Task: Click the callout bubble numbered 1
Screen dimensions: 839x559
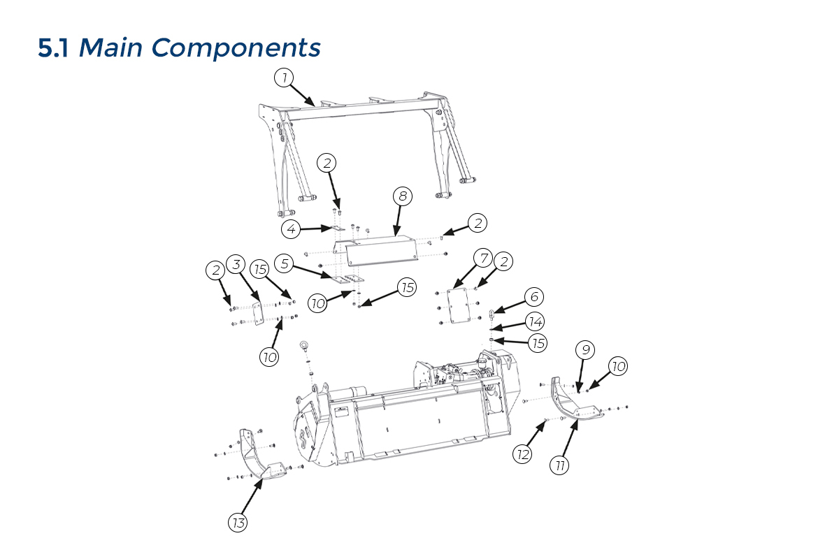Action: click(x=284, y=78)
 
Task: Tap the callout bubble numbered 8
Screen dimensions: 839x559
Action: click(x=403, y=196)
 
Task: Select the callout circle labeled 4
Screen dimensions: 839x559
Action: click(x=291, y=228)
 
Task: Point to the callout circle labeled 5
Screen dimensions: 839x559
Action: click(x=285, y=263)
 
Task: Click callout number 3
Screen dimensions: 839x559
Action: click(x=236, y=264)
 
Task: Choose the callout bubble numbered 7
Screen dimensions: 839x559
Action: click(x=483, y=258)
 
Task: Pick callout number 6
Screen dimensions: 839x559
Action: click(x=534, y=296)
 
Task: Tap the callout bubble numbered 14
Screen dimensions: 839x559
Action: click(x=536, y=321)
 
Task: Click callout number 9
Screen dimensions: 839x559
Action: click(x=585, y=349)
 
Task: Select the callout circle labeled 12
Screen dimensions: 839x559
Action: click(x=522, y=454)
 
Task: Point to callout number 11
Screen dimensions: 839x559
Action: click(x=559, y=465)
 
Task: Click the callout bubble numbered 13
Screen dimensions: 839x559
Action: click(x=238, y=522)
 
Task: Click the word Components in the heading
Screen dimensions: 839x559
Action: click(x=236, y=48)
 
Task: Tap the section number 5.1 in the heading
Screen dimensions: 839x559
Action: click(x=53, y=48)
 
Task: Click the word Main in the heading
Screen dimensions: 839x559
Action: click(x=110, y=48)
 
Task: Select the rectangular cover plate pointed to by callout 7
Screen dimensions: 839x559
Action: click(x=459, y=305)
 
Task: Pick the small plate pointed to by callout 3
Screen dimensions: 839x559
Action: click(x=257, y=314)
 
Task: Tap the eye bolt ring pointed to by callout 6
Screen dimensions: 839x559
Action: click(x=492, y=314)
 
